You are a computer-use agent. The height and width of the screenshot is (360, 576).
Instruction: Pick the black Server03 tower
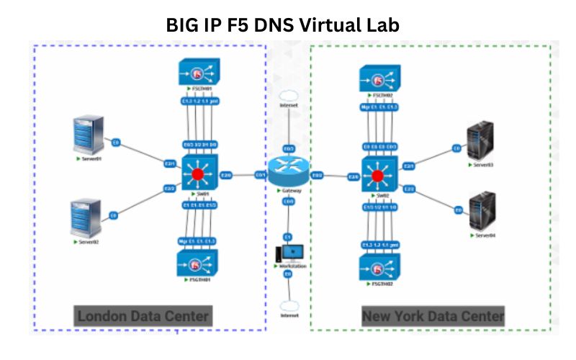pyautogui.click(x=481, y=143)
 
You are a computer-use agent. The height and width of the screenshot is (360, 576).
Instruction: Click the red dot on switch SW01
pyautogui.click(x=197, y=174)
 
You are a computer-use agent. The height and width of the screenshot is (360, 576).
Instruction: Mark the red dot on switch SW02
pyautogui.click(x=377, y=175)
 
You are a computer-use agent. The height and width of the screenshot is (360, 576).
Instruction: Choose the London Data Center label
pyautogui.click(x=143, y=316)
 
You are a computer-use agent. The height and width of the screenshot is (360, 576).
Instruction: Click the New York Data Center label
pyautogui.click(x=433, y=316)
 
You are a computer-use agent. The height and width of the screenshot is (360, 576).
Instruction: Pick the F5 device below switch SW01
pyautogui.click(x=197, y=264)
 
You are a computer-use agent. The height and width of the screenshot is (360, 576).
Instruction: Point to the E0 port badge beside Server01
pyautogui.click(x=116, y=144)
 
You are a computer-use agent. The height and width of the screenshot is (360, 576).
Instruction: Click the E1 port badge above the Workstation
pyautogui.click(x=287, y=236)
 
